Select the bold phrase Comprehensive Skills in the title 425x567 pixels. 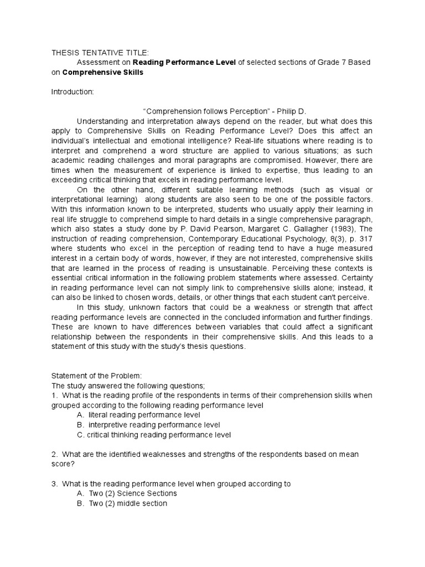103,73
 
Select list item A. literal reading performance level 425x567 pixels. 139,415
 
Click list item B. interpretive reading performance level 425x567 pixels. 148,425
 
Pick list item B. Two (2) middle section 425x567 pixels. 122,503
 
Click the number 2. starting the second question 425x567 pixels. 55,454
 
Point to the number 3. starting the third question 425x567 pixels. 55,483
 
